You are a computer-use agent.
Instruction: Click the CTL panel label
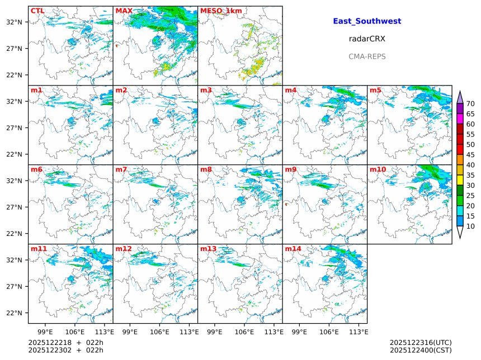point(37,11)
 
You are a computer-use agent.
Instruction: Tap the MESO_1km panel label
point(221,11)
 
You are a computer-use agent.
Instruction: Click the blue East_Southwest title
point(367,21)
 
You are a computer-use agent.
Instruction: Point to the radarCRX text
point(367,39)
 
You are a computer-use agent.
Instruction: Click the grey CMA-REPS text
point(367,56)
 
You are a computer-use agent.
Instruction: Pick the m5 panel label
point(375,90)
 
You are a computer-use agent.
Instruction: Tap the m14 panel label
point(293,249)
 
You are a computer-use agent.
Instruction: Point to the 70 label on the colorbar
point(470,103)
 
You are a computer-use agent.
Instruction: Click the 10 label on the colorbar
point(470,226)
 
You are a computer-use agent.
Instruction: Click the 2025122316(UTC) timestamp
point(421,342)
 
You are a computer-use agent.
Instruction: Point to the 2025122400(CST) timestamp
point(421,350)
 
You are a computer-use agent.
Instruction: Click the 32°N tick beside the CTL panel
point(15,22)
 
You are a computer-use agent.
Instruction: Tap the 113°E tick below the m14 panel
point(359,331)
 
